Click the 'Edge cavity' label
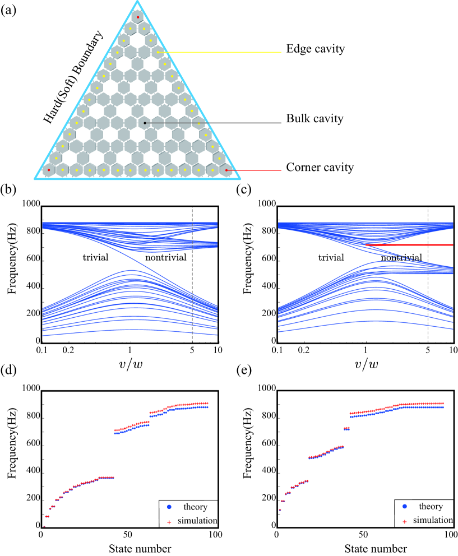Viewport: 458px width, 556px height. [x=316, y=50]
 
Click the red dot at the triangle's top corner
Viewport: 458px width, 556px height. [x=138, y=17]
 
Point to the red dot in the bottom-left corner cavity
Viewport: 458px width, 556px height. [x=49, y=169]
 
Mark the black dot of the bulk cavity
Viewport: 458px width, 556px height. [x=145, y=122]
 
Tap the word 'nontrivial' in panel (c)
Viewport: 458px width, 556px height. [x=401, y=257]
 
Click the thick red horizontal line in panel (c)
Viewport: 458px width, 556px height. [x=409, y=245]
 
